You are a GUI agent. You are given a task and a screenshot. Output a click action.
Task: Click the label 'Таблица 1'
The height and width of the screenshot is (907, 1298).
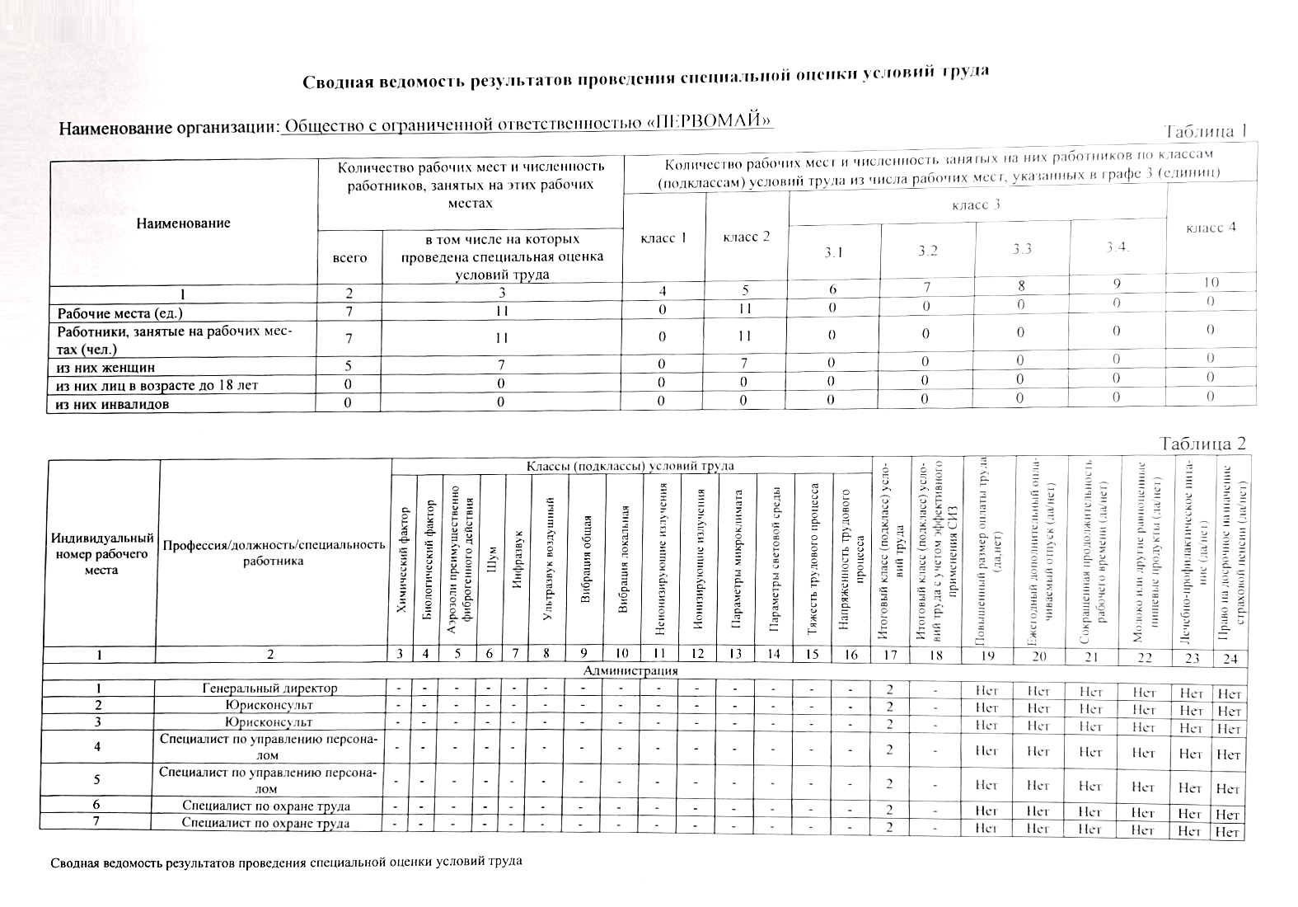(x=1206, y=132)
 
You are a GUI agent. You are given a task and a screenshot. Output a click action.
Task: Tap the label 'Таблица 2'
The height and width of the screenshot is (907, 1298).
(x=1202, y=444)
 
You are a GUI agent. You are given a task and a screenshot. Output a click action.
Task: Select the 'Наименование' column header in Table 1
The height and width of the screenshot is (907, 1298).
(x=183, y=223)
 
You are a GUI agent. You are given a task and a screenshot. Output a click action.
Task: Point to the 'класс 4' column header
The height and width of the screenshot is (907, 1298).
(x=1211, y=228)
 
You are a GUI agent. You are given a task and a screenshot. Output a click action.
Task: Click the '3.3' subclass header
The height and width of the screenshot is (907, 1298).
(x=1022, y=250)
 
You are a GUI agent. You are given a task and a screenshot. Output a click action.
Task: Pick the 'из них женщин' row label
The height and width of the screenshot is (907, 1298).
(x=105, y=367)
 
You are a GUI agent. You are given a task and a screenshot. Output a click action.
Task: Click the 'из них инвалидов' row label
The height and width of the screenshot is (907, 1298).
(x=113, y=403)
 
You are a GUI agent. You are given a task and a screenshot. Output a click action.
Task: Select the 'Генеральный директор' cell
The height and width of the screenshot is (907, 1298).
(x=269, y=688)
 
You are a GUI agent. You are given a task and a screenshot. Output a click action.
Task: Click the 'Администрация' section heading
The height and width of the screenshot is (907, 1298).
(x=630, y=670)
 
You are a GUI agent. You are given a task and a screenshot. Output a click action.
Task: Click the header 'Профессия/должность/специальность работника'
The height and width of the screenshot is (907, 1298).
(x=274, y=552)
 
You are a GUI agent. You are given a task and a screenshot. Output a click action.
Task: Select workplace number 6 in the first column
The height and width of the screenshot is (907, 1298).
(x=97, y=806)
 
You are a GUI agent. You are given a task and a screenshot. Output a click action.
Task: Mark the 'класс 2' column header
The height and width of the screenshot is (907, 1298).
(x=746, y=237)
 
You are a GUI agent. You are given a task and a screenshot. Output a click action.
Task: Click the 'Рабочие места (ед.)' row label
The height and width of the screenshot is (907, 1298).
(x=119, y=313)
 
